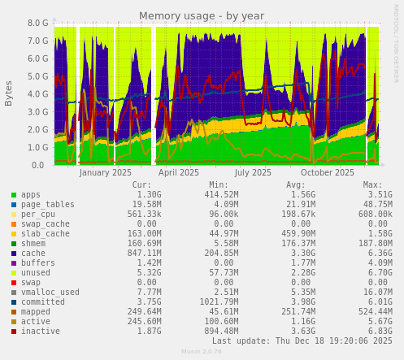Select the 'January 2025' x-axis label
point(105,172)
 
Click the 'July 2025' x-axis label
point(253,172)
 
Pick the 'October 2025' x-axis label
point(328,172)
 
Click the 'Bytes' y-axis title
point(9,93)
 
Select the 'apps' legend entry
point(31,195)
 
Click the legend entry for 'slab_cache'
point(46,233)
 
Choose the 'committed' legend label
point(43,301)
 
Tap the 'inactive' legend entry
point(41,331)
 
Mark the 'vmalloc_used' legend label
point(50,292)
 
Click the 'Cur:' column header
point(141,184)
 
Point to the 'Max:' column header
point(372,184)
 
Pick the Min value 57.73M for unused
point(219,272)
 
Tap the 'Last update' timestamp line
point(302,341)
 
